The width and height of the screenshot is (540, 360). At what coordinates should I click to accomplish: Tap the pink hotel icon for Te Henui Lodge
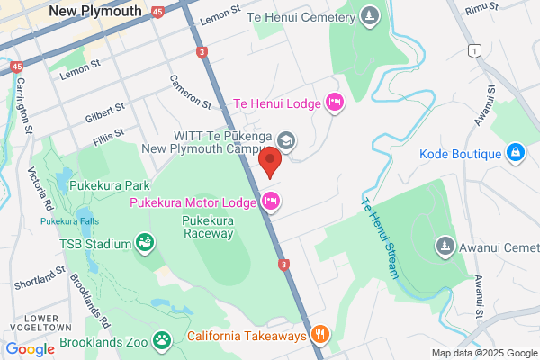(334, 103)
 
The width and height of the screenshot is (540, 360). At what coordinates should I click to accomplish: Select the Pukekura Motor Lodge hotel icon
(271, 202)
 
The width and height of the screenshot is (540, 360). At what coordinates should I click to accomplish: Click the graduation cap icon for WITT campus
(285, 140)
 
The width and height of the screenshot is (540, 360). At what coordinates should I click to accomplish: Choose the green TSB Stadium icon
(144, 242)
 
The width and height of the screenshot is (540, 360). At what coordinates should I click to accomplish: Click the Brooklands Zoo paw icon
(162, 339)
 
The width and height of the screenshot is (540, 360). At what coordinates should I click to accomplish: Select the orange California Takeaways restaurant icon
(320, 336)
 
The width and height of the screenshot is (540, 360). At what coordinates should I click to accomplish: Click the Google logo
(30, 349)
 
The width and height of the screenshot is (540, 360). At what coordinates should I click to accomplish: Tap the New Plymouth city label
(95, 11)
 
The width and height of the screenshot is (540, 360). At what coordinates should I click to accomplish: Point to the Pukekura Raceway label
(207, 226)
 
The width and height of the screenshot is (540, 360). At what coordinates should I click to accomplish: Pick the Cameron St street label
(191, 93)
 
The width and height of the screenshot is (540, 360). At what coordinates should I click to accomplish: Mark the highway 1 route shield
(473, 51)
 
